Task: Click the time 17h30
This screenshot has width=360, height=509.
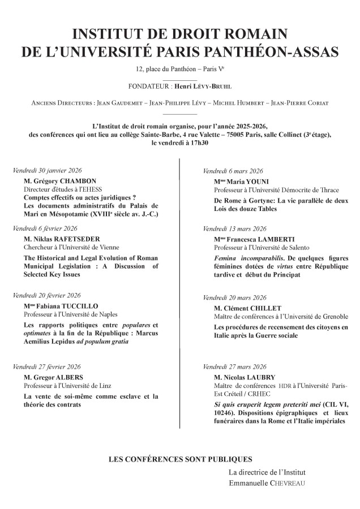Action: coord(198,143)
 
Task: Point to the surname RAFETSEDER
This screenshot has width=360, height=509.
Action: coord(71,239)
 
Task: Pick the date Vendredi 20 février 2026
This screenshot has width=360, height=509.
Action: coord(47,295)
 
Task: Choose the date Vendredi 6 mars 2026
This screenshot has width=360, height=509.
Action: coord(233,170)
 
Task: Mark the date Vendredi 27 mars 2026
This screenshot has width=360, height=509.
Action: coord(234,366)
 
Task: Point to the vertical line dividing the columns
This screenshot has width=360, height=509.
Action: coord(180,283)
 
